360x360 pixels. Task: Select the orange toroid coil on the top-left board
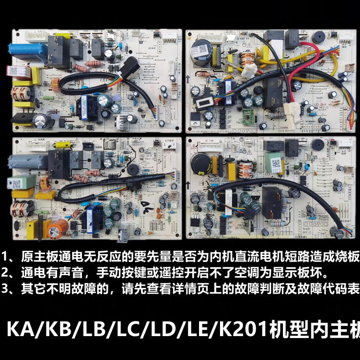point(20,93)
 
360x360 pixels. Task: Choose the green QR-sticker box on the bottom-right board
point(274,164)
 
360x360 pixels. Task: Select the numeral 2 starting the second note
point(5,272)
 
